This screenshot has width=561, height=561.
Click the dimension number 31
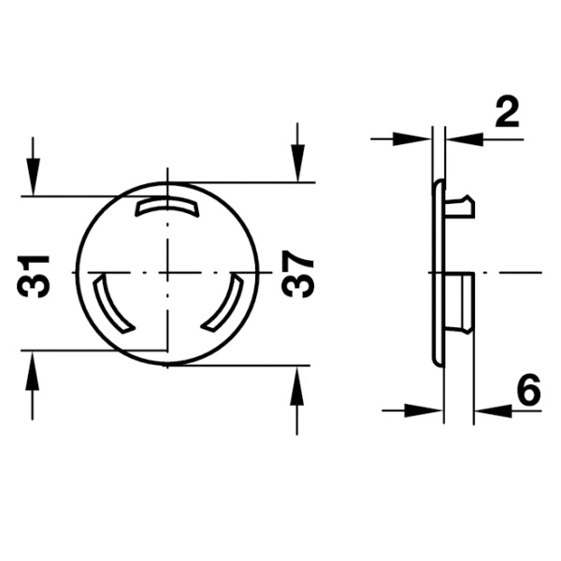pos(33,277)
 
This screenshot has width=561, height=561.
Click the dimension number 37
pos(297,274)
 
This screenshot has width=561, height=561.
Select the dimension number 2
pos(507,113)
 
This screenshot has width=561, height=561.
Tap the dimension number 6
pos(529,390)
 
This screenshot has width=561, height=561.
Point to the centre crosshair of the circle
pos(167,273)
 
